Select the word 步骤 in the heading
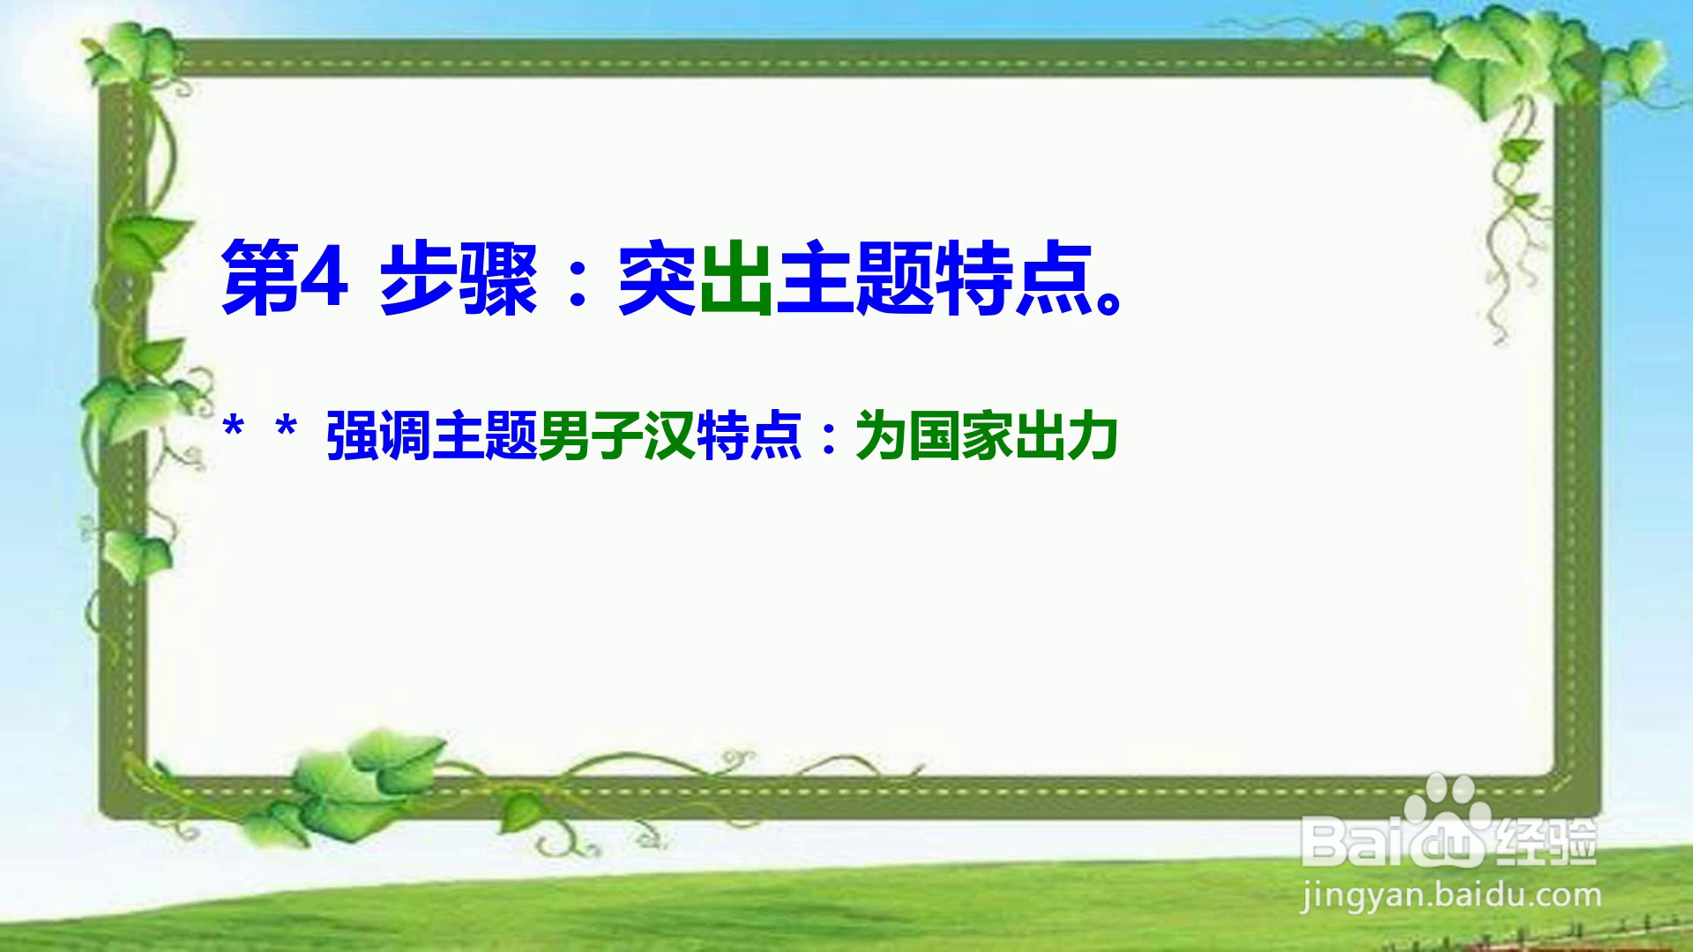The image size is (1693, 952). point(459,278)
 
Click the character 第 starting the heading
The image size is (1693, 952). point(259,278)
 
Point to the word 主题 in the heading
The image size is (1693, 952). point(855,278)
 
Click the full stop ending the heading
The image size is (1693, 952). point(1108,301)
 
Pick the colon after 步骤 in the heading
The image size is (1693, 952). point(578,280)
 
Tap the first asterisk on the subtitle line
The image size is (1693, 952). point(234,429)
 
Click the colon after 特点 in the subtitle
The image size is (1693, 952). point(828,438)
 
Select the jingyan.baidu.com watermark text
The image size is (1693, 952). point(1451,896)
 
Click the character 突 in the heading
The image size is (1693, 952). point(658,278)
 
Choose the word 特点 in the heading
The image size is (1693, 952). point(1013,278)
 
